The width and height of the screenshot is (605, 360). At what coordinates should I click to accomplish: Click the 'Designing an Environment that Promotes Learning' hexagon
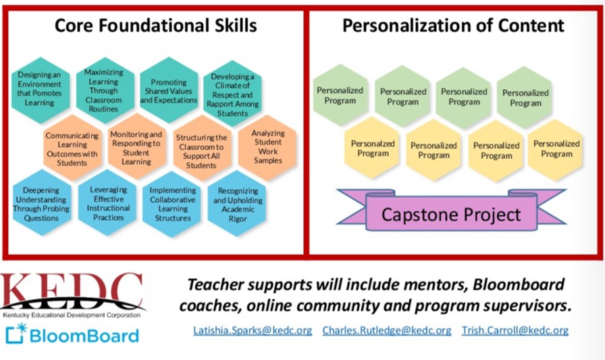[x=40, y=90]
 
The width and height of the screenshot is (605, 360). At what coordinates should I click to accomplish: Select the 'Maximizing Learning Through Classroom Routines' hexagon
[x=105, y=90]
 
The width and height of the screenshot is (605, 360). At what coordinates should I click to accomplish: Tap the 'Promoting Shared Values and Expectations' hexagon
[x=169, y=90]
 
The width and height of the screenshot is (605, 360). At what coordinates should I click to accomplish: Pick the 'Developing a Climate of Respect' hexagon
[x=233, y=94]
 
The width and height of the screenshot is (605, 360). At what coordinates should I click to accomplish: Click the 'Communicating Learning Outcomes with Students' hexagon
[x=72, y=149]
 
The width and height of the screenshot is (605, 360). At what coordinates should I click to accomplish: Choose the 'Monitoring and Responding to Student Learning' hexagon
[x=136, y=147]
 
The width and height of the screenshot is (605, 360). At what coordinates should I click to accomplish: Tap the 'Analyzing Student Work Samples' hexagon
[x=267, y=147]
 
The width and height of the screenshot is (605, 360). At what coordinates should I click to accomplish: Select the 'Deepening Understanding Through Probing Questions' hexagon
[x=42, y=203]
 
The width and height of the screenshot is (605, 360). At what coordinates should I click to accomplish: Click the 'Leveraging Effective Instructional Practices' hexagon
[x=107, y=203]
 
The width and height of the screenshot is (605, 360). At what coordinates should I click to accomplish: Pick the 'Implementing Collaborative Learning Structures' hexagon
[x=172, y=204]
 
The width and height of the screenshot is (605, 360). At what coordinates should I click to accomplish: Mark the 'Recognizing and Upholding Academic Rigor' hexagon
[x=237, y=203]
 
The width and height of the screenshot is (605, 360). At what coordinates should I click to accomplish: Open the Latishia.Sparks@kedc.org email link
[x=253, y=331]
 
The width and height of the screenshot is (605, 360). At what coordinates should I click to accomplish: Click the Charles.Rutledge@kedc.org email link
[x=387, y=331]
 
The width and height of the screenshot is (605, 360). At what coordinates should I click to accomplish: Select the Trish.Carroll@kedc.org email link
[x=515, y=331]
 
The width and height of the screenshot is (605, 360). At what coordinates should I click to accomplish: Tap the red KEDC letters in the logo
[x=72, y=288]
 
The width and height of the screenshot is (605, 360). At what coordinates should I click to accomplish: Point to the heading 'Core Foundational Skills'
[x=155, y=26]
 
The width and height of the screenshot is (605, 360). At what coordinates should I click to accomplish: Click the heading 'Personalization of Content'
[x=453, y=26]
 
